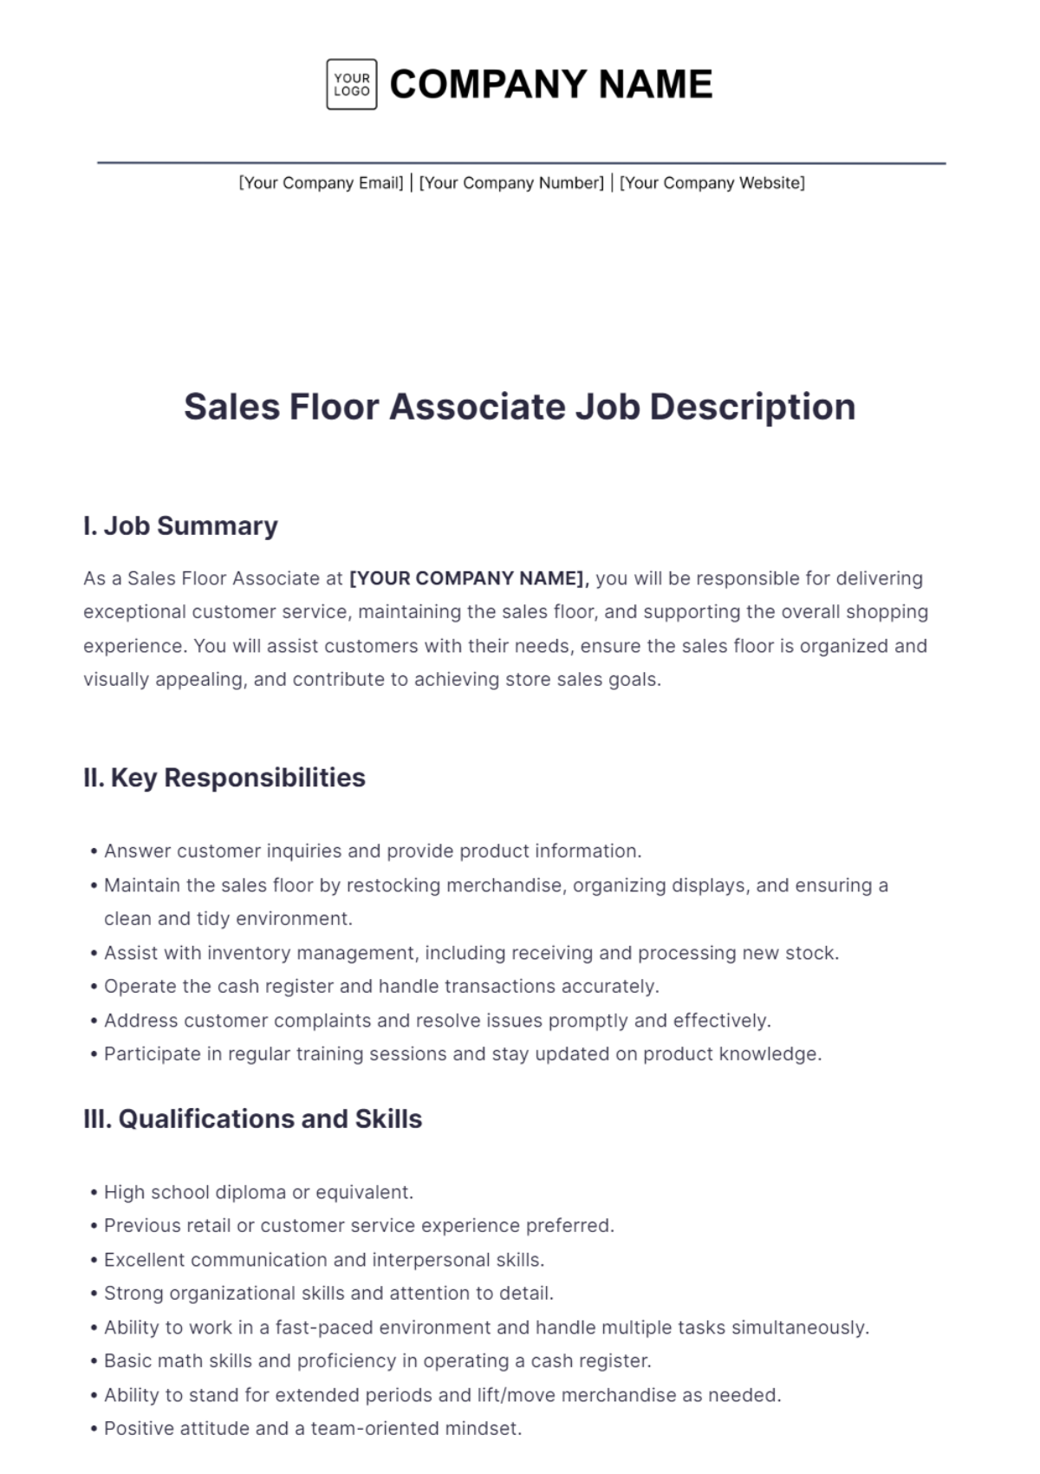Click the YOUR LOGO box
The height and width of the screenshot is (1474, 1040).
(x=351, y=84)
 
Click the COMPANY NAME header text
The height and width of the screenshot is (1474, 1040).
(x=551, y=84)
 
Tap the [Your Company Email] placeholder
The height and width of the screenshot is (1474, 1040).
(x=321, y=183)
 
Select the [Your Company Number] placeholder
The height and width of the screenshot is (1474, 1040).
(x=511, y=183)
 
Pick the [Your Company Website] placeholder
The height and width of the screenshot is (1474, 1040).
(x=712, y=183)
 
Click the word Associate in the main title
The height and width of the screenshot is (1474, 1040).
(x=478, y=407)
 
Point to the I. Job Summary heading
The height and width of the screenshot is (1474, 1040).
(x=180, y=525)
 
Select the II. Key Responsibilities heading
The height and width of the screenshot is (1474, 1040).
(x=224, y=778)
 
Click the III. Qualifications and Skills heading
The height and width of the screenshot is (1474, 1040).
(x=252, y=1119)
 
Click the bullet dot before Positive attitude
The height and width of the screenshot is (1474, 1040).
(x=94, y=1429)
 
